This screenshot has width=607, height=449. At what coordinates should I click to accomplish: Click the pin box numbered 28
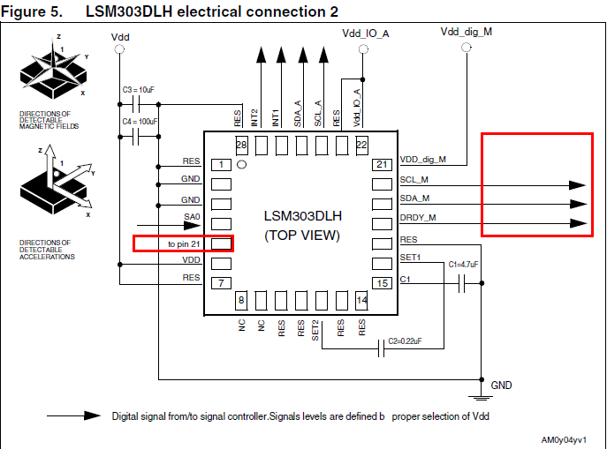click(240, 144)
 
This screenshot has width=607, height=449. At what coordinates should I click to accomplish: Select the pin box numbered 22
click(361, 144)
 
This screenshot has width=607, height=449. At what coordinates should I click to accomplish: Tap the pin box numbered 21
click(382, 165)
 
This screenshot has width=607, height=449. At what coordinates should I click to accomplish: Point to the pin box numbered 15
click(382, 283)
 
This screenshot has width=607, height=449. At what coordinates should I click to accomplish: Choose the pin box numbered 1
click(221, 164)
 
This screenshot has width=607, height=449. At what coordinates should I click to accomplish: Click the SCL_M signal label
click(414, 180)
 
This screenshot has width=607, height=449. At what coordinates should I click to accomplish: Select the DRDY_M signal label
click(418, 217)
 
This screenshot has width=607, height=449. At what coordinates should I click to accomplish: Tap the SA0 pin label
click(192, 217)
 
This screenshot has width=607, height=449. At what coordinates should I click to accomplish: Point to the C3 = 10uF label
click(139, 90)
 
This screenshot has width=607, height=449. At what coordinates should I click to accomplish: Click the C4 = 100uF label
click(140, 121)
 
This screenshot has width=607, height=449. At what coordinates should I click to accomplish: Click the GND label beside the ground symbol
click(501, 385)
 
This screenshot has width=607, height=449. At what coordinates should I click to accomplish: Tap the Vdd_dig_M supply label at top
click(466, 32)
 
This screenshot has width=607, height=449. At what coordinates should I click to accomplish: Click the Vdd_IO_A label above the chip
click(366, 33)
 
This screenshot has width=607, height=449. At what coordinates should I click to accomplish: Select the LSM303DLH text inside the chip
click(302, 216)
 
